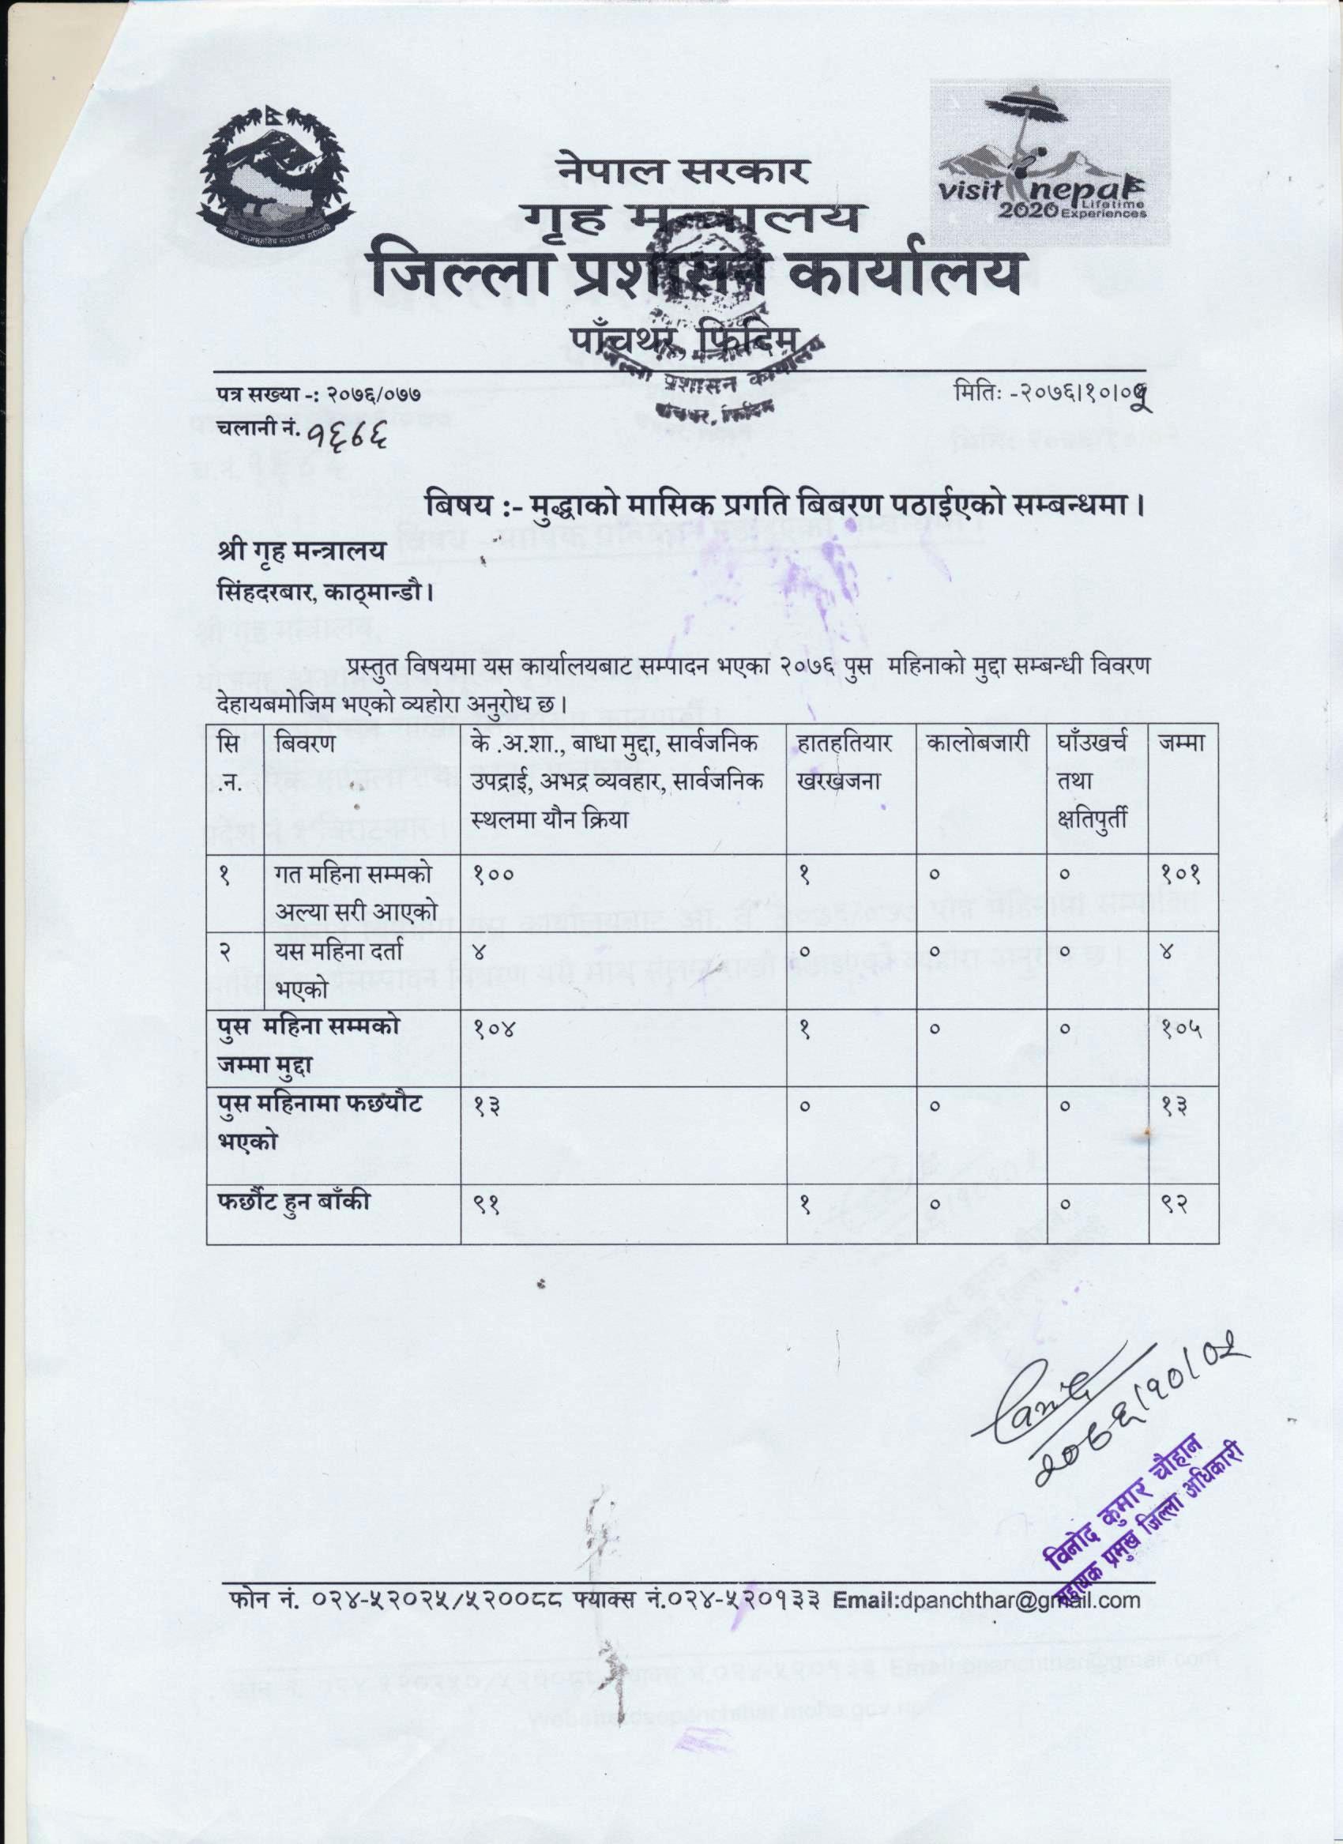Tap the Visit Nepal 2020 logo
1050,161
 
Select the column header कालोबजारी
980,743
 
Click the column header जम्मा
1182,743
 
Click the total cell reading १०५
1181,1029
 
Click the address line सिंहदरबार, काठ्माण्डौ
325,593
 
